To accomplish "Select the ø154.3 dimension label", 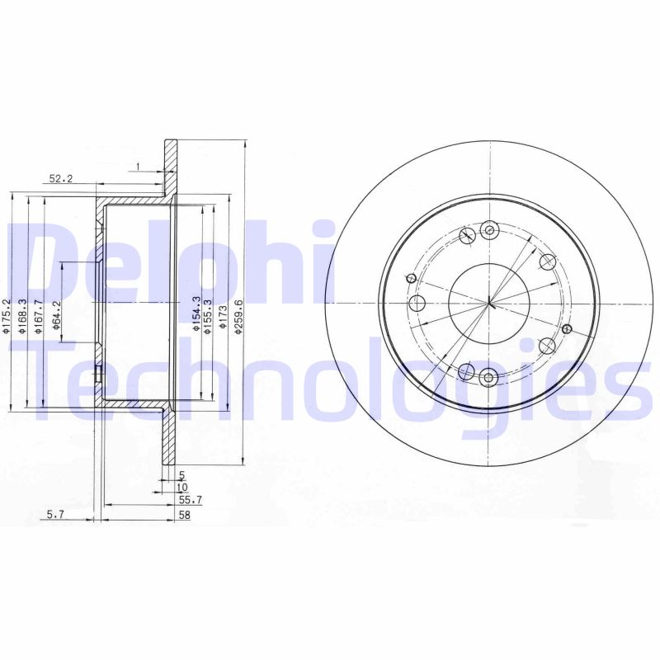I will point(196,314).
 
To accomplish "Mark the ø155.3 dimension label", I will point(210,314).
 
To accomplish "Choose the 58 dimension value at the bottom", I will point(185,515).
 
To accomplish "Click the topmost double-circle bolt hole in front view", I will point(489,230).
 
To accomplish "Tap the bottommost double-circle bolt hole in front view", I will point(489,378).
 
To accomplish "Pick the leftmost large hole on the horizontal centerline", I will point(417,304).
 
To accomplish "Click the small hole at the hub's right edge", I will point(566,328).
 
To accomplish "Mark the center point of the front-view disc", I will point(489,304).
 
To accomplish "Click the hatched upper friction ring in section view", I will point(171,170).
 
